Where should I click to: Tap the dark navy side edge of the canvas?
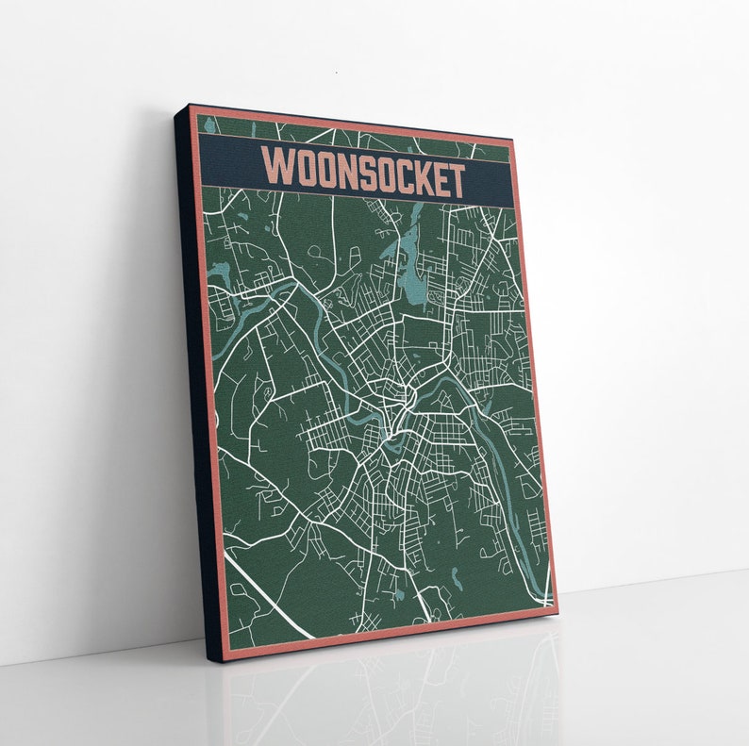[x=193, y=377]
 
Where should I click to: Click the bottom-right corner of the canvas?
[x=558, y=612]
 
